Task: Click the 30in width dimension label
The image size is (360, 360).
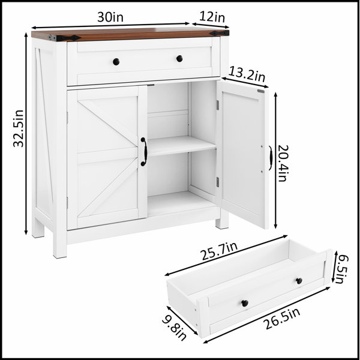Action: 110,17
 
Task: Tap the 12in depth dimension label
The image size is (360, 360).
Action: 212,17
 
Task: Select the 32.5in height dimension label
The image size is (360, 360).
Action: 19,128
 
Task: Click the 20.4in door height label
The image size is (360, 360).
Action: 283,163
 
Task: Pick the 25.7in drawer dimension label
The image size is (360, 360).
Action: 219,251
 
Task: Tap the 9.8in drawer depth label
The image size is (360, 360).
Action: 174,327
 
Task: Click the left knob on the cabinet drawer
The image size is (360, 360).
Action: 116,62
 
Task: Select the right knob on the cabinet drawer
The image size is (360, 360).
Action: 179,59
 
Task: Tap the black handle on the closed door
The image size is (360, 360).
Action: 144,152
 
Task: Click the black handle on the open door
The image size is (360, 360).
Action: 271,158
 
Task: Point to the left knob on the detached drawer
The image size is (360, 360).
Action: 245,303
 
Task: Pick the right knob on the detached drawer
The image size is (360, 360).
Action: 299,281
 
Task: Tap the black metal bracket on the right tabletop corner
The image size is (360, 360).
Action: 219,33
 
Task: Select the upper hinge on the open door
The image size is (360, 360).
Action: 218,105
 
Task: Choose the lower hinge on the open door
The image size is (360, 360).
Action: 218,182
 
